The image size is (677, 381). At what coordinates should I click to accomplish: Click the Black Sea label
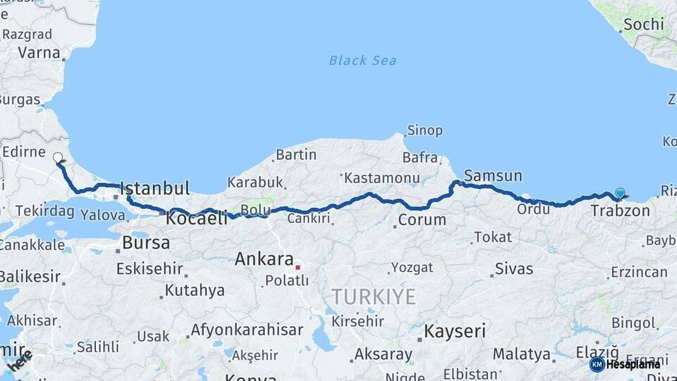pyautogui.click(x=362, y=61)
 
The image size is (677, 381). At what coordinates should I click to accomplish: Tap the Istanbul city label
pyautogui.click(x=154, y=188)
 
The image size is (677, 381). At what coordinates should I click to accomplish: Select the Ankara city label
pyautogui.click(x=264, y=259)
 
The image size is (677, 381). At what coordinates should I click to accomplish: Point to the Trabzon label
pyautogui.click(x=620, y=210)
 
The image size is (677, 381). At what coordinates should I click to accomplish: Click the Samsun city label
pyautogui.click(x=493, y=176)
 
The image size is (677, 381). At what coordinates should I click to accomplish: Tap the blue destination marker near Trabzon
pyautogui.click(x=620, y=193)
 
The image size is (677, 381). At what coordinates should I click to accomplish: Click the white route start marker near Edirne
pyautogui.click(x=58, y=157)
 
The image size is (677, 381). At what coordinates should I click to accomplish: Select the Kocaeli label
pyautogui.click(x=197, y=219)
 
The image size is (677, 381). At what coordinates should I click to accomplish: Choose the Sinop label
pyautogui.click(x=425, y=131)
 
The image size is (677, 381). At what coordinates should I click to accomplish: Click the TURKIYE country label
pyautogui.click(x=374, y=296)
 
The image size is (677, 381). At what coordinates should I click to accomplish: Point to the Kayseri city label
pyautogui.click(x=456, y=330)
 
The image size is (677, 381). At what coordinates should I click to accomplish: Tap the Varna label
pyautogui.click(x=39, y=52)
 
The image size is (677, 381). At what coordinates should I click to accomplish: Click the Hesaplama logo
pyautogui.click(x=625, y=364)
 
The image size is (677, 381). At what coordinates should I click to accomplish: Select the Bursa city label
pyautogui.click(x=146, y=243)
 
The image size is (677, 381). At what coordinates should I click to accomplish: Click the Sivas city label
pyautogui.click(x=514, y=268)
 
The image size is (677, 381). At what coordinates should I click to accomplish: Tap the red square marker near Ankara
pyautogui.click(x=298, y=267)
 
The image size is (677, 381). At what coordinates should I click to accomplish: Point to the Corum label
pyautogui.click(x=422, y=219)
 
